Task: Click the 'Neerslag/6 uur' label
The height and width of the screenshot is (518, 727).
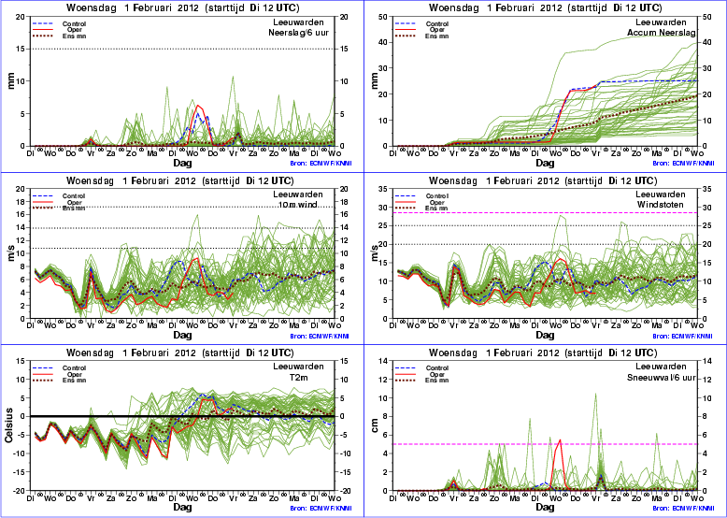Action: click(x=304, y=32)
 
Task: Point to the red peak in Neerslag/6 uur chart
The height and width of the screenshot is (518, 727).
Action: click(x=197, y=106)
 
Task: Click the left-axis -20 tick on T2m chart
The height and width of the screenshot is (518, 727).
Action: click(x=23, y=491)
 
